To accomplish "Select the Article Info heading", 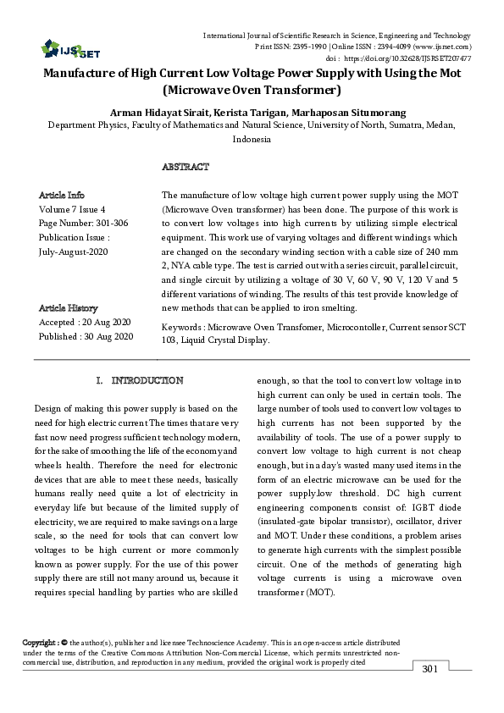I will click(x=62, y=195).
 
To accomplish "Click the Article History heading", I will click(x=69, y=308).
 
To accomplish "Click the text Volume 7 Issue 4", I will click(x=73, y=208).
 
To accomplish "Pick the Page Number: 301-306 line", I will click(x=83, y=223).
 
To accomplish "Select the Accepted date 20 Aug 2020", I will click(x=85, y=323).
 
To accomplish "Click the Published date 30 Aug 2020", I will click(x=86, y=337).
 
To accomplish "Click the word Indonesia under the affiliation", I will click(x=252, y=139).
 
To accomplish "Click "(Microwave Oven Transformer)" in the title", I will click(x=252, y=89).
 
